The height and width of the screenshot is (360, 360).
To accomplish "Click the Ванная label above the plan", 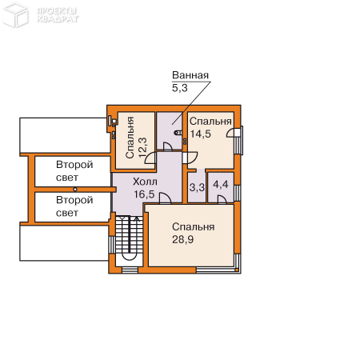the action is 190,75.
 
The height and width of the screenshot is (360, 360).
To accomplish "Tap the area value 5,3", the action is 180,88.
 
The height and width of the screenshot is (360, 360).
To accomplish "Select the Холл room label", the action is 145,182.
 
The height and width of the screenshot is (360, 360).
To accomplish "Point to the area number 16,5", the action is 144,194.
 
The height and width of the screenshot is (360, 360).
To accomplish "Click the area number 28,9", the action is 182,239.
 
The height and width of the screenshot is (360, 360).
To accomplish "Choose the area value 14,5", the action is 200,134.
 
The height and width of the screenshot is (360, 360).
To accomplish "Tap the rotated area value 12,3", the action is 143,147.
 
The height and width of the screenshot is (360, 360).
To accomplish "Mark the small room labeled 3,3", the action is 197,187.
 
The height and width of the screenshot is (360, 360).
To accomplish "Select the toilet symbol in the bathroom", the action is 178,132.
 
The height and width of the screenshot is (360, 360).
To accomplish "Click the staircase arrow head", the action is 137,219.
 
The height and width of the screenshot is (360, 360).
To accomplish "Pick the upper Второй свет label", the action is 74,171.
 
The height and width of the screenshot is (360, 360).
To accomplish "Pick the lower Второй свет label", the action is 74,206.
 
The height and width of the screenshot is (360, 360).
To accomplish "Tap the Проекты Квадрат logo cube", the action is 15,14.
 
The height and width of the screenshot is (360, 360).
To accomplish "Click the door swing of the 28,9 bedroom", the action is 166,198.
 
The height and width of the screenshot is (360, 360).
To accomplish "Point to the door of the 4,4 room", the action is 222,199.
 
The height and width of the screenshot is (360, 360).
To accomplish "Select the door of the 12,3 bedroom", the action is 150,158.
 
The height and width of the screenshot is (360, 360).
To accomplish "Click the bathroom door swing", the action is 168,146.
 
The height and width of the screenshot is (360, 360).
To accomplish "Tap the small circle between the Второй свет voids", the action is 75,190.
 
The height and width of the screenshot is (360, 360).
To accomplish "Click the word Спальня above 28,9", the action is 194,227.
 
